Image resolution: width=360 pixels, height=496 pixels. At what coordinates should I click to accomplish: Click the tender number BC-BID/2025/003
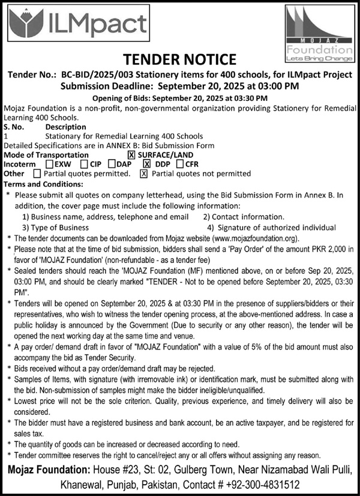(104, 75)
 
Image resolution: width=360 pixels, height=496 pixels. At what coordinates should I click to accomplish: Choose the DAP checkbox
(112, 164)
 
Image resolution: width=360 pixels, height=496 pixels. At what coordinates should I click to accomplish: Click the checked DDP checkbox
(147, 164)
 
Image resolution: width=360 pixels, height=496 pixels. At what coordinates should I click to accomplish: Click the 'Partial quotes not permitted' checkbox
(143, 174)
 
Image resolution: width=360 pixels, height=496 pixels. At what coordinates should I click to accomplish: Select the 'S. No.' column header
(14, 127)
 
